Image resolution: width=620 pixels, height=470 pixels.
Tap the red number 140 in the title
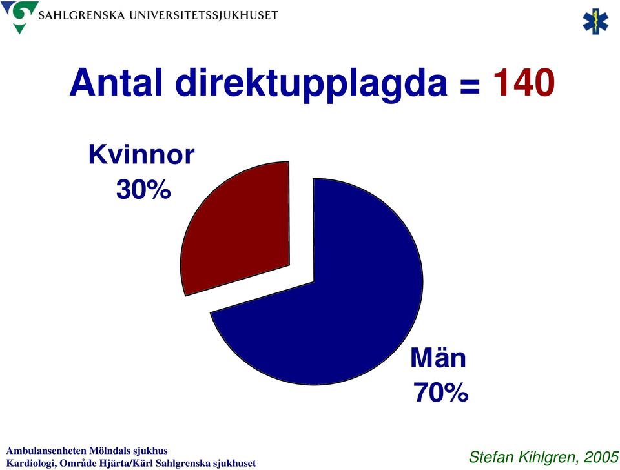click(x=524, y=83)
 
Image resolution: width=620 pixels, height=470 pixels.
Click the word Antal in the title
click(x=116, y=83)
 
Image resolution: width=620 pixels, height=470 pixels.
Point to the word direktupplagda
click(x=311, y=85)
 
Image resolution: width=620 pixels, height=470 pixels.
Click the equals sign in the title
click(x=470, y=86)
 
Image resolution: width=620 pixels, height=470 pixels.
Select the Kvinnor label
click(x=141, y=154)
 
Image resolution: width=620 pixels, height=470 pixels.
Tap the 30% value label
click(x=143, y=189)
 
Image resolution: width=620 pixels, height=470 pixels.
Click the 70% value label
click(x=440, y=392)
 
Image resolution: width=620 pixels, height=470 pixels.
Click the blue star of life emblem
click(x=595, y=21)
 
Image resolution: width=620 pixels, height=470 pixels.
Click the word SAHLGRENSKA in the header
click(x=81, y=15)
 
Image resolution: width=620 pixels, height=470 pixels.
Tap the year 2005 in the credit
click(x=601, y=457)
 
